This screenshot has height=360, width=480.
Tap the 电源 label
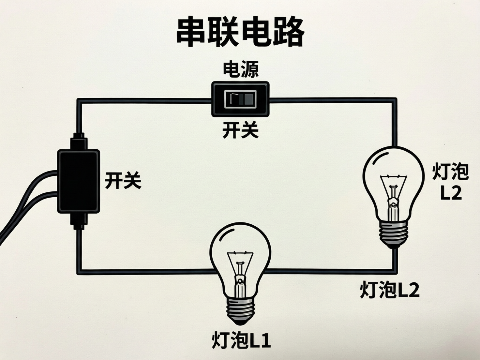(240, 70)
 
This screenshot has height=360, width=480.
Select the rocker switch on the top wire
(240, 99)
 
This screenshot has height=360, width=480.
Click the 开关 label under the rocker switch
(240, 130)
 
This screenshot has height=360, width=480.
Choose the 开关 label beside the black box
(123, 180)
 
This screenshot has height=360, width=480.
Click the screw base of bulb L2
(394, 233)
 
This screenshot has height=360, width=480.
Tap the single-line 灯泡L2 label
(389, 290)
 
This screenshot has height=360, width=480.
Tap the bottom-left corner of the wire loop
(79, 271)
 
